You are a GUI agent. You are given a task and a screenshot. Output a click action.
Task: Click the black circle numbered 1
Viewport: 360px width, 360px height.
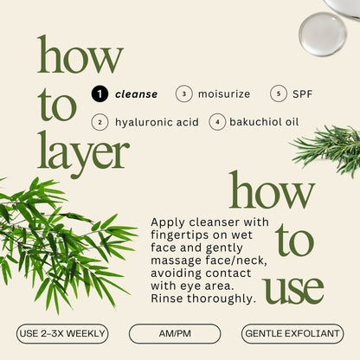[x=100, y=93]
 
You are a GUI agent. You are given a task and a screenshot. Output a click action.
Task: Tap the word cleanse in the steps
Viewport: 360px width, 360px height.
[x=136, y=93]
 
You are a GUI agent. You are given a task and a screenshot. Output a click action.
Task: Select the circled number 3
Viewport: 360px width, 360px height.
[x=183, y=93]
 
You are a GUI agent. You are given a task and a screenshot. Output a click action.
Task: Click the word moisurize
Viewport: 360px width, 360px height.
[x=225, y=93]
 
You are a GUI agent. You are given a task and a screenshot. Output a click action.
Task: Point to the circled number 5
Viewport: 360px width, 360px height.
[x=279, y=93]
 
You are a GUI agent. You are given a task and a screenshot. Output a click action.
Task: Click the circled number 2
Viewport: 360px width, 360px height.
[x=100, y=122]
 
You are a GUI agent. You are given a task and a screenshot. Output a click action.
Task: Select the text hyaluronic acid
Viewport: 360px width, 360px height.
[x=157, y=122]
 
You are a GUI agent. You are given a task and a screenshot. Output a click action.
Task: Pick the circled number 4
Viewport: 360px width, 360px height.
[x=215, y=122]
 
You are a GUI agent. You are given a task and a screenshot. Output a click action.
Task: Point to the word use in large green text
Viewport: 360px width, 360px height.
[x=294, y=289]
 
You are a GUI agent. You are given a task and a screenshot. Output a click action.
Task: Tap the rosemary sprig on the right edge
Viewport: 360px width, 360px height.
[x=333, y=147]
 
